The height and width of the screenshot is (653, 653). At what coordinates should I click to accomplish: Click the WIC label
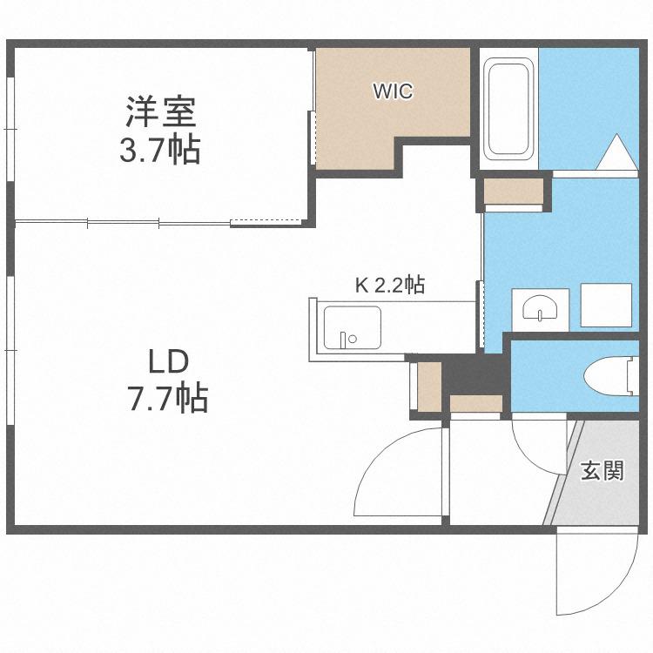[393, 91]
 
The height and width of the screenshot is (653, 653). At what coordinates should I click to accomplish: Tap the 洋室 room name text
[161, 111]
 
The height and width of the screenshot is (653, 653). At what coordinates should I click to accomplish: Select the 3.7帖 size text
[160, 150]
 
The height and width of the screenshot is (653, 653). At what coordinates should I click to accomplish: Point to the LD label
[169, 361]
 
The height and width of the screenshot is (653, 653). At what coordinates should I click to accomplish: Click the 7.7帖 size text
[168, 398]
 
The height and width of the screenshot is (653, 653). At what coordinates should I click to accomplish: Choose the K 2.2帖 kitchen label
[390, 286]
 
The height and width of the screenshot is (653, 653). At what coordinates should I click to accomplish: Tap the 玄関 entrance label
[603, 470]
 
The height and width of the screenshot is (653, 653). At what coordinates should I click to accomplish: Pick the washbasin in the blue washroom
[540, 308]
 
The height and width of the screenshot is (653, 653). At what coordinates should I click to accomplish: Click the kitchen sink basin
[353, 327]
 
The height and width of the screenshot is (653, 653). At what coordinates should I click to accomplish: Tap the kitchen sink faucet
[347, 339]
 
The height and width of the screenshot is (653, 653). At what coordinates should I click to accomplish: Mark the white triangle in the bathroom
[617, 151]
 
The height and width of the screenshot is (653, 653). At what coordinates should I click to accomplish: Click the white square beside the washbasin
[606, 305]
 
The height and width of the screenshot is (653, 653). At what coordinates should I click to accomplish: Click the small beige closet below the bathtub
[515, 192]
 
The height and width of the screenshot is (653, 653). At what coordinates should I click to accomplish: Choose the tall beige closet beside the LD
[429, 386]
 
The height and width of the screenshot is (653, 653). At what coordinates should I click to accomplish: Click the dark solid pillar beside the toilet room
[475, 374]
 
